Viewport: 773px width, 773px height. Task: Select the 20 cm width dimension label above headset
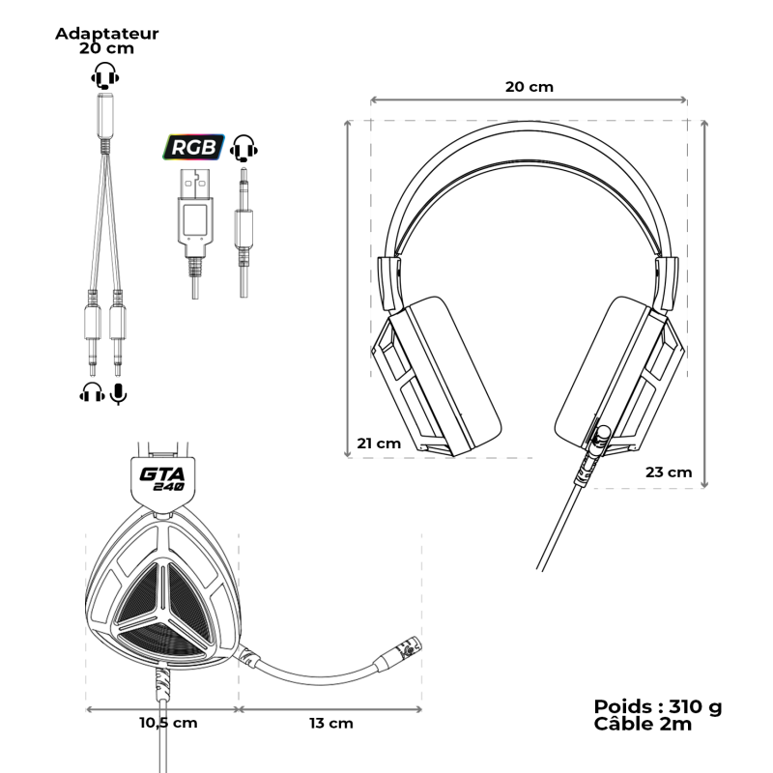click(x=530, y=86)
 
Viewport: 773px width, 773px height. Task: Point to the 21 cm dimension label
click(x=378, y=444)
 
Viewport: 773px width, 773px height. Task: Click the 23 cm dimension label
click(x=669, y=472)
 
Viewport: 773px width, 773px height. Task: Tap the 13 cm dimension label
click(x=330, y=723)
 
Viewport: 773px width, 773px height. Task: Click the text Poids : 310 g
click(x=657, y=706)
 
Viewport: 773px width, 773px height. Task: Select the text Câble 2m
click(x=643, y=725)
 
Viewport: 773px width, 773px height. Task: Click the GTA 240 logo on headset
click(x=162, y=478)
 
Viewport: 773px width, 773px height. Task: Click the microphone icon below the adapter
click(x=119, y=392)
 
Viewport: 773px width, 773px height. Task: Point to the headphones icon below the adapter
click(x=92, y=392)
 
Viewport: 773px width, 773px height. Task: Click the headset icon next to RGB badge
click(x=245, y=148)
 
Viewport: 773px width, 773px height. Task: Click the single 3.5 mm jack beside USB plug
click(x=243, y=217)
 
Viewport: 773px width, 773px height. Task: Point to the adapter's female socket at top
click(x=104, y=116)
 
